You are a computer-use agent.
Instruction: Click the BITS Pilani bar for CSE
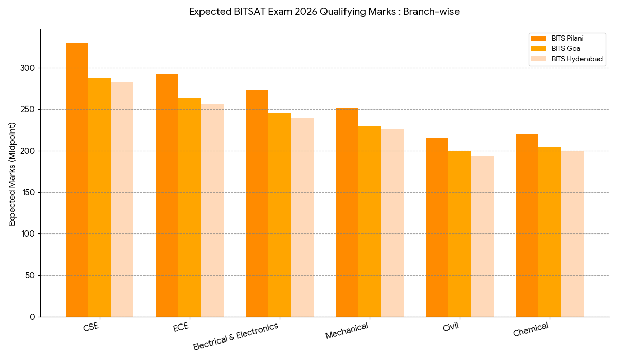[x=77, y=180]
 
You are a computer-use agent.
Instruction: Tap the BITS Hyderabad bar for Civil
[x=482, y=237]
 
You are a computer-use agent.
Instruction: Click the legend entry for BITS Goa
[x=566, y=48]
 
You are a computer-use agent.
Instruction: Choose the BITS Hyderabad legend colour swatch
[x=538, y=59]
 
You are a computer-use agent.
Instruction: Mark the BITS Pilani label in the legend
[x=567, y=38]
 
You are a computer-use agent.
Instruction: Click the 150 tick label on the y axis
[x=29, y=192]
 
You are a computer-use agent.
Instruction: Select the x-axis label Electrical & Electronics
[x=236, y=336]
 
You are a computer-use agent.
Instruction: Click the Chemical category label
[x=531, y=329]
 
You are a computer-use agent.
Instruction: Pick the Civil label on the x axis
[x=450, y=327]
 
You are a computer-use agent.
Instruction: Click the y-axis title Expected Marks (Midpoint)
[x=12, y=174]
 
